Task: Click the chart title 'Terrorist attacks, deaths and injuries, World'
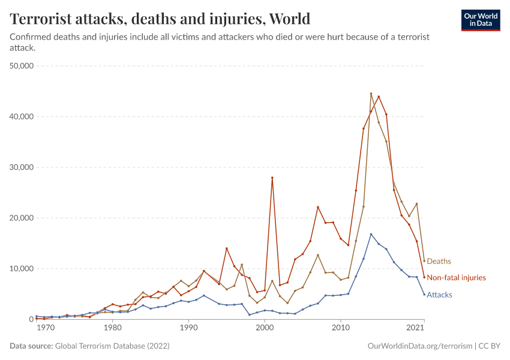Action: [x=160, y=19]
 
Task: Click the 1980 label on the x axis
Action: [x=112, y=328]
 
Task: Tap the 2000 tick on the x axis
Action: [x=265, y=328]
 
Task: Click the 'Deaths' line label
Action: [x=439, y=261]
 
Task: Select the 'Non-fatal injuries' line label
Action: [x=456, y=278]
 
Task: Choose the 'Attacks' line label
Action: [x=439, y=295]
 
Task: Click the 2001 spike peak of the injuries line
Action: [x=272, y=178]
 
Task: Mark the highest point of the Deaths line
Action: [x=371, y=94]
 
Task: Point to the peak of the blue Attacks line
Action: [x=371, y=234]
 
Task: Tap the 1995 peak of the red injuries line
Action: [x=227, y=248]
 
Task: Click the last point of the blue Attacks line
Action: [x=424, y=294]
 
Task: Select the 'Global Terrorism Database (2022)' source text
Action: [x=111, y=346]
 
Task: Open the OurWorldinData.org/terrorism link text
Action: [x=418, y=346]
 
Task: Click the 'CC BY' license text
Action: [x=489, y=346]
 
